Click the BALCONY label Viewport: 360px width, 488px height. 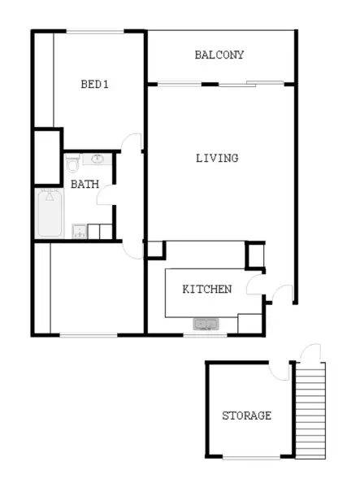219,55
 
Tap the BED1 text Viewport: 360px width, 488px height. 94,84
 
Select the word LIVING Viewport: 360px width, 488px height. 217,158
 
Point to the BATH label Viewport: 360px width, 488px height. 85,185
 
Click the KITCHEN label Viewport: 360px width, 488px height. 206,289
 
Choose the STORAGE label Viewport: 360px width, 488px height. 246,416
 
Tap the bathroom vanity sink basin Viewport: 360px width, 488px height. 98,159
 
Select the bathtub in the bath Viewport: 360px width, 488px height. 49,212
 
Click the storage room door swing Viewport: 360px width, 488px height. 280,371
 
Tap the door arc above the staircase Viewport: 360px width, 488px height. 310,354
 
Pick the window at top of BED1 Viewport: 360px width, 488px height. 95,32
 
